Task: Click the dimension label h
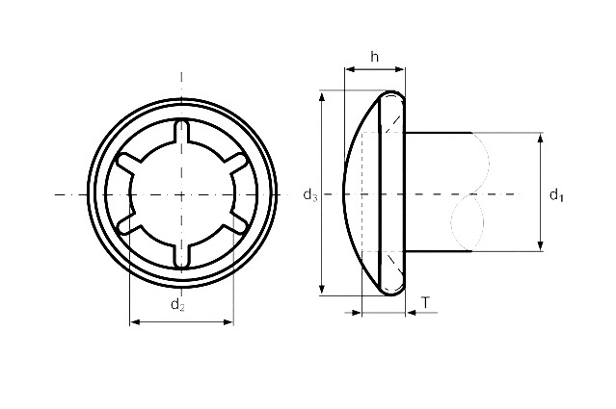375,57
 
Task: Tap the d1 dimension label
556,195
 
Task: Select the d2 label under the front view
177,305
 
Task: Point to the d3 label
310,195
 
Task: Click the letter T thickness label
425,303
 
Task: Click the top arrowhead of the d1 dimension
541,139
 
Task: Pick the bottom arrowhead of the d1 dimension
541,245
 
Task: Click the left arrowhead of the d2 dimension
135,322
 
